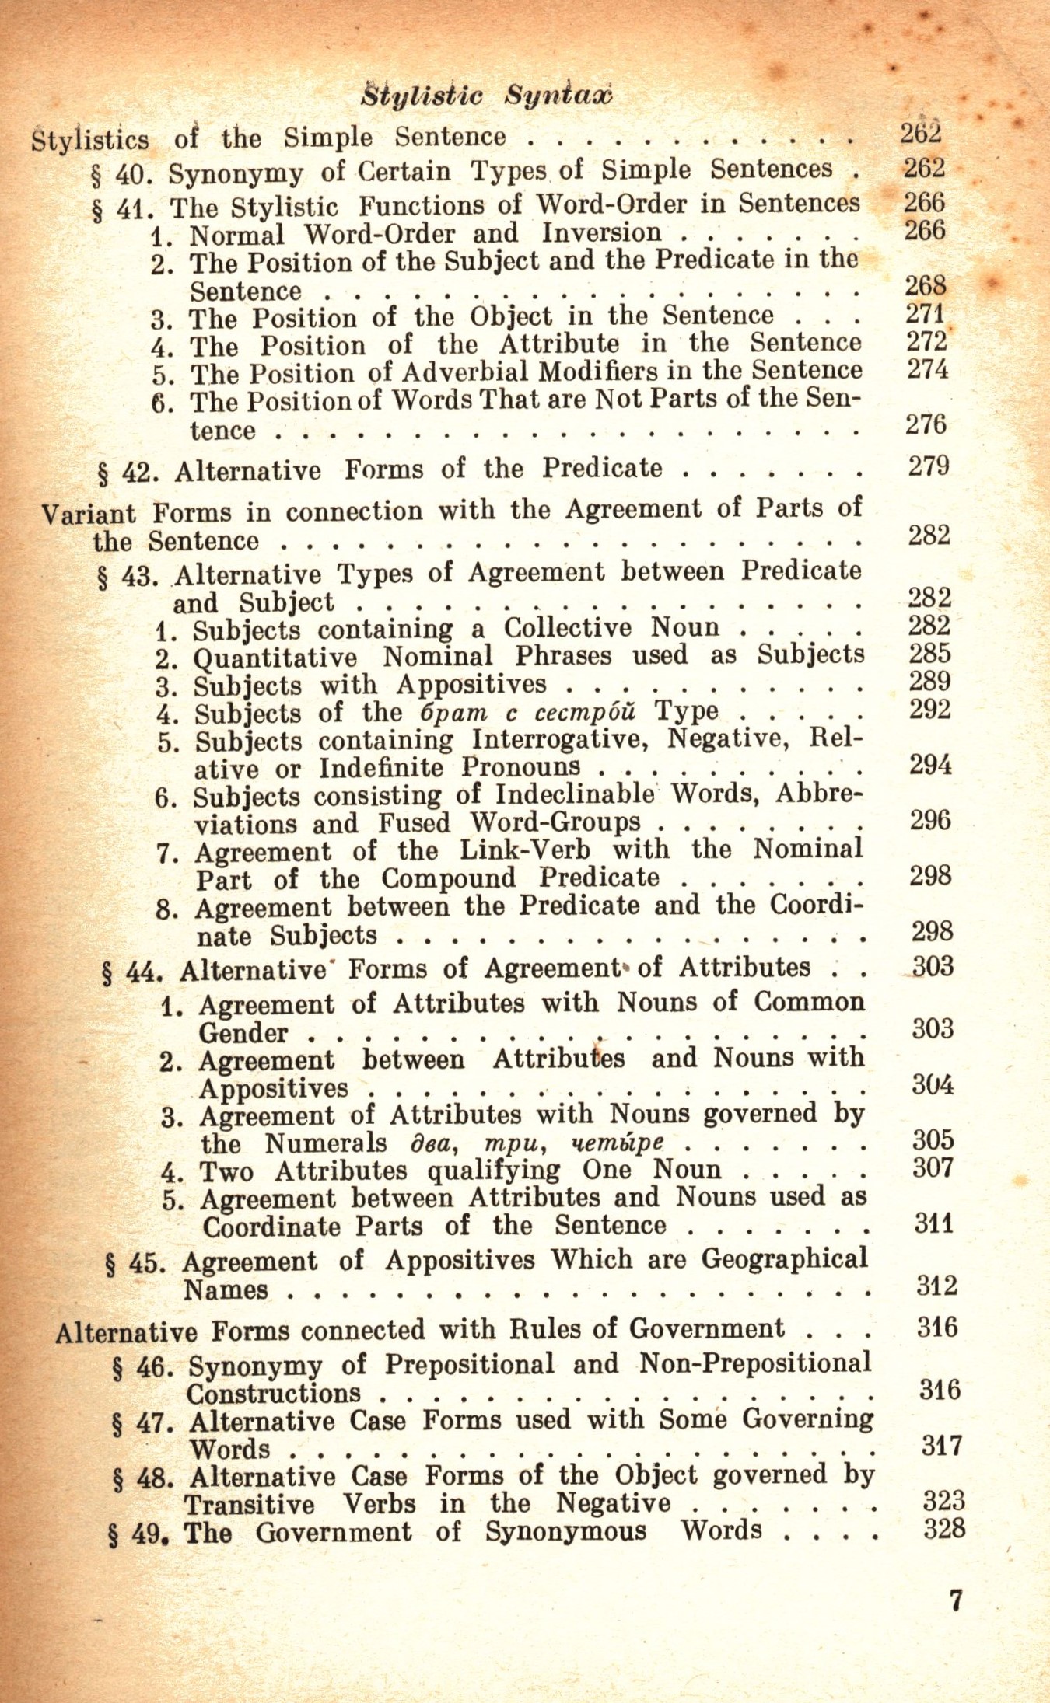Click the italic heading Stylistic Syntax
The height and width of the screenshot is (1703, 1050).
488,96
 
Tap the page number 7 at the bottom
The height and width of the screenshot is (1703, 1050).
956,1601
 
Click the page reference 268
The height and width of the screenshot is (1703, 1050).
926,286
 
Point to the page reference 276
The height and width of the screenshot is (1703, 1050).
926,425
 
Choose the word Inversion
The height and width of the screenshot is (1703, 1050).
601,232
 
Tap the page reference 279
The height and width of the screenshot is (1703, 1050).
929,466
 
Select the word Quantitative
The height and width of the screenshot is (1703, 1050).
275,658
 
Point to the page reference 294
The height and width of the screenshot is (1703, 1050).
930,766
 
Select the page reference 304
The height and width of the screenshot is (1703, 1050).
933,1084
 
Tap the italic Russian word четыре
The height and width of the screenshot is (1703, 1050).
618,1143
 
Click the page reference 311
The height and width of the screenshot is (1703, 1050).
934,1224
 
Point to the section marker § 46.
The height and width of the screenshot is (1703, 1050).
141,1367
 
